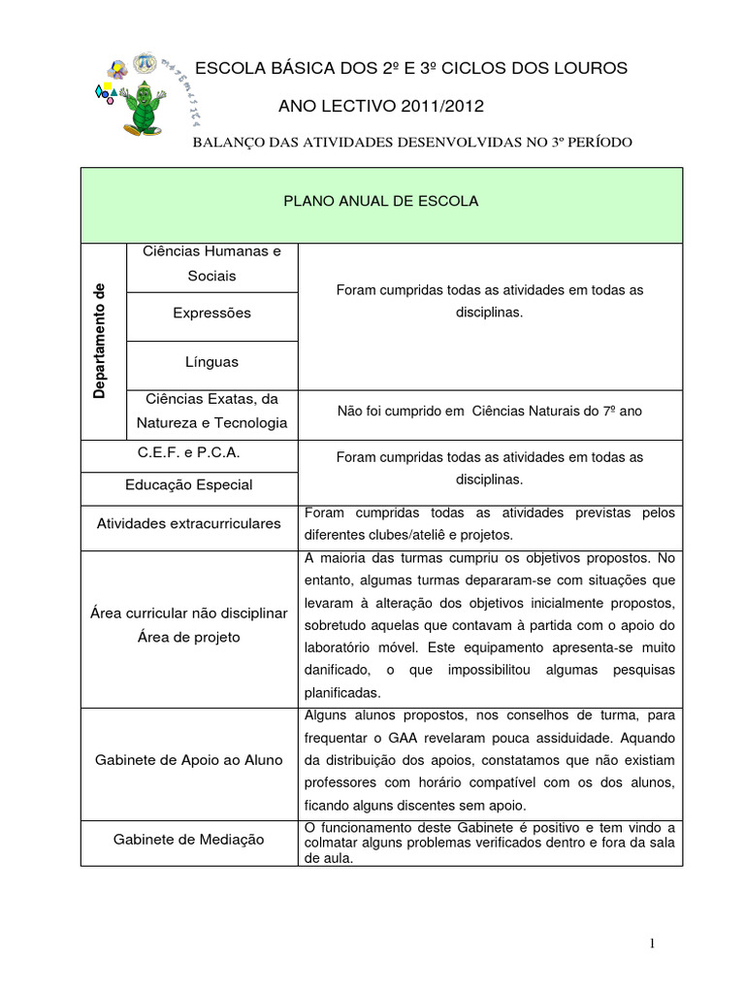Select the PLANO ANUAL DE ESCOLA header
point(381,201)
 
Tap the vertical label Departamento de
point(100,341)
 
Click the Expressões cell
point(211,314)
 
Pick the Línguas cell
point(211,362)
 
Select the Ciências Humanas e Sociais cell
point(211,263)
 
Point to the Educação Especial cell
point(189,484)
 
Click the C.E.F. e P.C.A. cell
point(189,453)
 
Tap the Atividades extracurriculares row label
point(189,523)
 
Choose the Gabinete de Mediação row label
point(189,840)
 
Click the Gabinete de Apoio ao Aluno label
point(189,760)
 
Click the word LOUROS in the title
point(581,68)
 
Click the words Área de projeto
point(189,638)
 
